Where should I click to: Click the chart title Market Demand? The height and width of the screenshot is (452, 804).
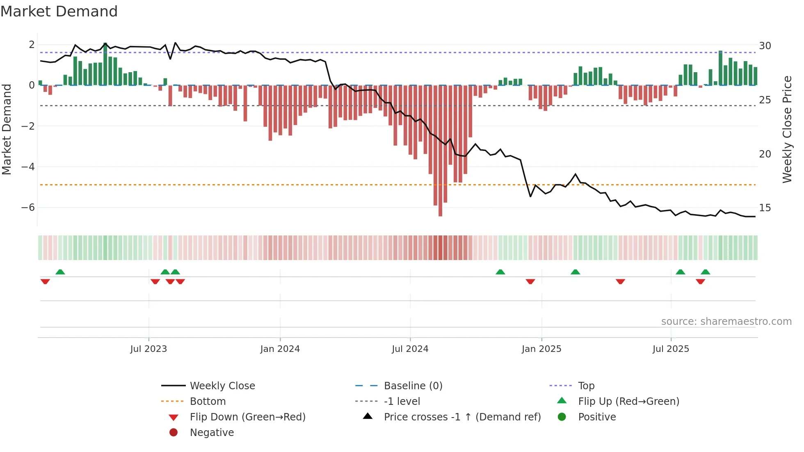tap(59, 11)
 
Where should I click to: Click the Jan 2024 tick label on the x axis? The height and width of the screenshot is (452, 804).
tap(280, 349)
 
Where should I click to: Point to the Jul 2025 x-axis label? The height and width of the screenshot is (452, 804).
tap(671, 349)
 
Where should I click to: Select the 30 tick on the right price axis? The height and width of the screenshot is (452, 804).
tap(765, 46)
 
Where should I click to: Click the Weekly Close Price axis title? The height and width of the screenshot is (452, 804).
tap(787, 129)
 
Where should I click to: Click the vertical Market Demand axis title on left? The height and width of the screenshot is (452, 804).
tap(7, 129)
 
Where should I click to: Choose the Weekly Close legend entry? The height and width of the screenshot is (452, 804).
tap(222, 386)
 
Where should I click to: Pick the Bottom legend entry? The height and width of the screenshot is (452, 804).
tap(208, 402)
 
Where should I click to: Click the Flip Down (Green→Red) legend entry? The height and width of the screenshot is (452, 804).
tap(247, 417)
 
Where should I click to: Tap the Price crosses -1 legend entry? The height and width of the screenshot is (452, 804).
tap(462, 417)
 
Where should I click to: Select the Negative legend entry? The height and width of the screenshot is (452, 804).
tap(212, 433)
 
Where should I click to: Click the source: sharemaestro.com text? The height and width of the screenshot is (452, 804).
tap(726, 322)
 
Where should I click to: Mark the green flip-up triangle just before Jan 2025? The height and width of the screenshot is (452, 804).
tap(500, 272)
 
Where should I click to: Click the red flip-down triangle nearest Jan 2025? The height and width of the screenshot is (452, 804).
tap(530, 281)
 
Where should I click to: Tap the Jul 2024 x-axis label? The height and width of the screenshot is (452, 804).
tap(410, 349)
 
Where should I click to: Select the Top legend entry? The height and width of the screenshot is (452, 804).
tap(586, 386)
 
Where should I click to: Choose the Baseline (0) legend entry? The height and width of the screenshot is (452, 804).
tap(413, 386)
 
